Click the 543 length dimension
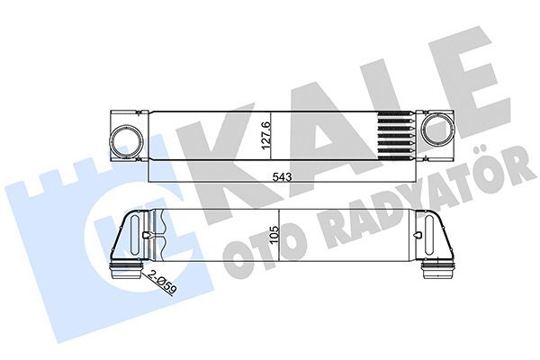click(x=282, y=176)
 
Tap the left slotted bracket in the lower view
click(x=146, y=235)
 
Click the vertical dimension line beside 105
click(x=282, y=236)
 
